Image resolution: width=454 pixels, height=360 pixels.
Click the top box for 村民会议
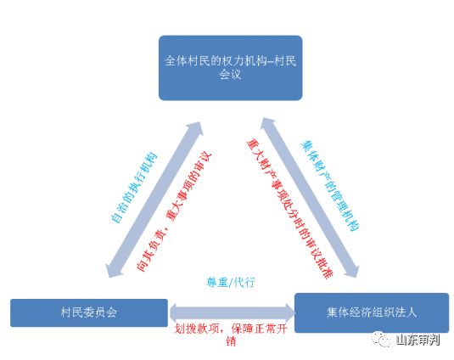pos(231,68)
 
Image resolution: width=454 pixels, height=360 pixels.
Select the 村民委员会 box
pos(89,312)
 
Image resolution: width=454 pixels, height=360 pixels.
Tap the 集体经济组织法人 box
pos(372,312)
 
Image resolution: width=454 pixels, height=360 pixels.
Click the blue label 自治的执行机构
pos(134,188)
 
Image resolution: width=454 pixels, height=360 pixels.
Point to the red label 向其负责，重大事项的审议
pos(174,211)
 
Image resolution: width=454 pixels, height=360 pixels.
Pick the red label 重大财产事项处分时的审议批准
pos(289,209)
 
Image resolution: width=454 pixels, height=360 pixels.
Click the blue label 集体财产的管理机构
pos(330,185)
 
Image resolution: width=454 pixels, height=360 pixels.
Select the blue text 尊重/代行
pos(231,282)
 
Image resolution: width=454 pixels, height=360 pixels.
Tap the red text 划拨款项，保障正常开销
pos(231,335)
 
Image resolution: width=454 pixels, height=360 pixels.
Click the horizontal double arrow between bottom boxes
pos(232,312)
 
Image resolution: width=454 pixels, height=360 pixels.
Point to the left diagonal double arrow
pos(154,200)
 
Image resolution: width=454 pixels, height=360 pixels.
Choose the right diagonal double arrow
pos(310,198)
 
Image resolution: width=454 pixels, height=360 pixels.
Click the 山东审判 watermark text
pos(418,340)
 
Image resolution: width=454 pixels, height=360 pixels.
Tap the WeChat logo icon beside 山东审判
pos(381,338)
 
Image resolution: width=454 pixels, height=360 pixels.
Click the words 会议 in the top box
pos(230,75)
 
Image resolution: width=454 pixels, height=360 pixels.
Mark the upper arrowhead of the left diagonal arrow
pos(194,130)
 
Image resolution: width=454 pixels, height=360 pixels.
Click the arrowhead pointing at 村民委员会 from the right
pos(174,312)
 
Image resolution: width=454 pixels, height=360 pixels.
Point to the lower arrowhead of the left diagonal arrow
pos(114,269)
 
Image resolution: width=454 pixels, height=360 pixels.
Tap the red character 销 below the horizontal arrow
pos(231,342)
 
